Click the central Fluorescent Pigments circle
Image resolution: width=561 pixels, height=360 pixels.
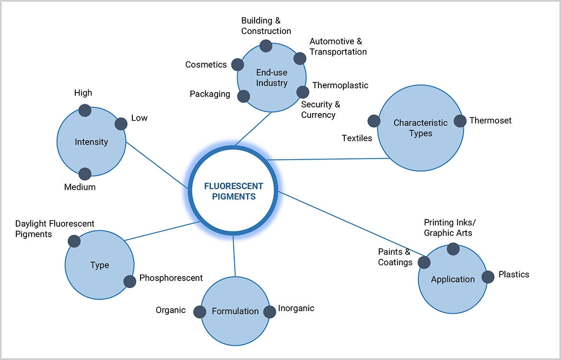pyautogui.click(x=234, y=190)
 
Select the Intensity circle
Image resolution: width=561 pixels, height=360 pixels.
pyautogui.click(x=91, y=142)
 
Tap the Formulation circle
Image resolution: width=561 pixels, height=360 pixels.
pyautogui.click(x=235, y=311)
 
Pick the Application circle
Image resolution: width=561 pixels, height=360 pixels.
pyautogui.click(x=453, y=279)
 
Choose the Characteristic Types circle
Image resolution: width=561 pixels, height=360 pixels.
pyautogui.click(x=421, y=128)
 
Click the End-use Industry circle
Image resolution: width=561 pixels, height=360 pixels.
pyautogui.click(x=272, y=78)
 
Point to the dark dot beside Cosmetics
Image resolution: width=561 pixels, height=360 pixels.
pyautogui.click(x=237, y=65)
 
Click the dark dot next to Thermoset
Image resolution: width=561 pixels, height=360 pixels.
pyautogui.click(x=460, y=121)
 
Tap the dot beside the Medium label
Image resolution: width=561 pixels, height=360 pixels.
pyautogui.click(x=85, y=174)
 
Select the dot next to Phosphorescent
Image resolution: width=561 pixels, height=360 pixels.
pyautogui.click(x=130, y=281)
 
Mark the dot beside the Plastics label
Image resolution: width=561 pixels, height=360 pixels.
pyautogui.click(x=488, y=277)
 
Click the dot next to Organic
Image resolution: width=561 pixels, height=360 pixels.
pyautogui.click(x=199, y=312)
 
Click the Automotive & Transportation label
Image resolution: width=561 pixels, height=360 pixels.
pyautogui.click(x=338, y=47)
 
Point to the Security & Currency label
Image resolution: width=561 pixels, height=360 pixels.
pyautogui.click(x=320, y=110)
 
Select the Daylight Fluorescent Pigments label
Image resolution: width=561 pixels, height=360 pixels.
pyautogui.click(x=55, y=229)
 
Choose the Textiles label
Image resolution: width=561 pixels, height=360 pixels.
pyautogui.click(x=357, y=138)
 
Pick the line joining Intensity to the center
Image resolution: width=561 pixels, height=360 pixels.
pyautogui.click(x=157, y=165)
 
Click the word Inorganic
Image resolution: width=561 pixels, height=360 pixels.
pyautogui.click(x=296, y=308)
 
